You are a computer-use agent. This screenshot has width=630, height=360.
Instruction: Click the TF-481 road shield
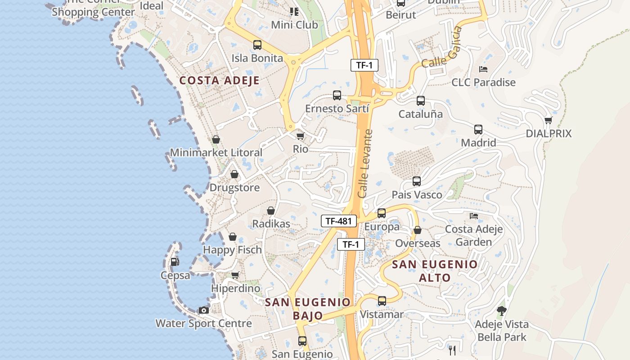[338, 221]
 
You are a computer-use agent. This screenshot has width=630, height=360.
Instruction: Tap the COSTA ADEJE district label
[219, 81]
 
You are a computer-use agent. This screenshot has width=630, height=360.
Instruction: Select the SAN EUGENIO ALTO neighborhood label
[435, 271]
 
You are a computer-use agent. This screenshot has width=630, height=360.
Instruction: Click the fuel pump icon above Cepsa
[175, 261]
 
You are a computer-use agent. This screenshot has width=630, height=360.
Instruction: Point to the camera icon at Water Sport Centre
[204, 310]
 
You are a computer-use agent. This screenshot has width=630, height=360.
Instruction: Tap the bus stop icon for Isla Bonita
[257, 45]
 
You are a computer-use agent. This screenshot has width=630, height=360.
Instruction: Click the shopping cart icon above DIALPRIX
[548, 120]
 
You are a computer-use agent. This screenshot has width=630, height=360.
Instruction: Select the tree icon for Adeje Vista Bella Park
[501, 310]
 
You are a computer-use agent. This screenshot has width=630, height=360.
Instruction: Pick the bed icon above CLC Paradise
[483, 69]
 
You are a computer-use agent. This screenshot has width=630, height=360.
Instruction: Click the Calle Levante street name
[365, 164]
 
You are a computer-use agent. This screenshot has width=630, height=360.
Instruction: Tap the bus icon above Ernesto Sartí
[337, 95]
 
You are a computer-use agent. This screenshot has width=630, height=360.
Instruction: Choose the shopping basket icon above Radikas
[271, 211]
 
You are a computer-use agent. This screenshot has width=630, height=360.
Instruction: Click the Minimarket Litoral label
[216, 153]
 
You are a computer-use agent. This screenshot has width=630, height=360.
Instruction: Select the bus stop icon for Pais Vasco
[417, 182]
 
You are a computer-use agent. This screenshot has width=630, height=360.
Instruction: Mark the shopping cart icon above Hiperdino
[235, 275]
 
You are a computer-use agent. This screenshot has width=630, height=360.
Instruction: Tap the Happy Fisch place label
[232, 250]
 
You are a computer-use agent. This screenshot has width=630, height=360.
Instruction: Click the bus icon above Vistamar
[382, 301]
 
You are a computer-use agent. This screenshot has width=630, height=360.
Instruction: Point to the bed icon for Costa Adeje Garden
[474, 216]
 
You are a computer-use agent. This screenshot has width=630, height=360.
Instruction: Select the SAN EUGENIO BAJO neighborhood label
[308, 309]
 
